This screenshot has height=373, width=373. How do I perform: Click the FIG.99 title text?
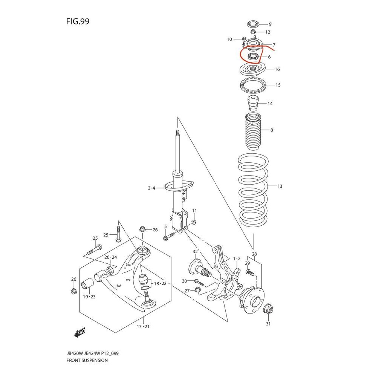[78, 21]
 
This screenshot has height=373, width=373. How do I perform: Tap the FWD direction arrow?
[80, 332]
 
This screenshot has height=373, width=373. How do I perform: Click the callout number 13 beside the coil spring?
[280, 186]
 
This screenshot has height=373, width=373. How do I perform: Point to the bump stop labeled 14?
[253, 103]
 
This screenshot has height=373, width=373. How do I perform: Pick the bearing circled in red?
[253, 57]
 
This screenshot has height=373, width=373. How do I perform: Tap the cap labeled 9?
[253, 24]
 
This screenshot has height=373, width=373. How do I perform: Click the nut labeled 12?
[253, 32]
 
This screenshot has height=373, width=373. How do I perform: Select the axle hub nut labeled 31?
[268, 309]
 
